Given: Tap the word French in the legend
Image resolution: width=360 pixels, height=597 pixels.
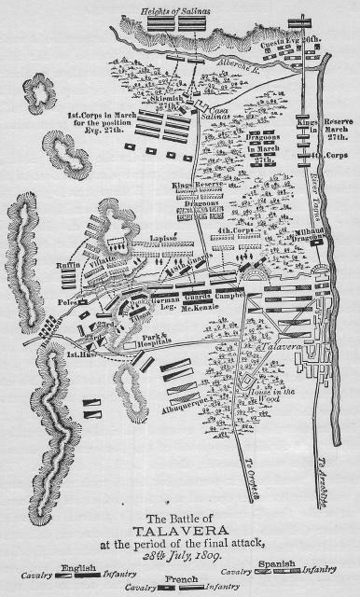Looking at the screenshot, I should pyautogui.click(x=174, y=578).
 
